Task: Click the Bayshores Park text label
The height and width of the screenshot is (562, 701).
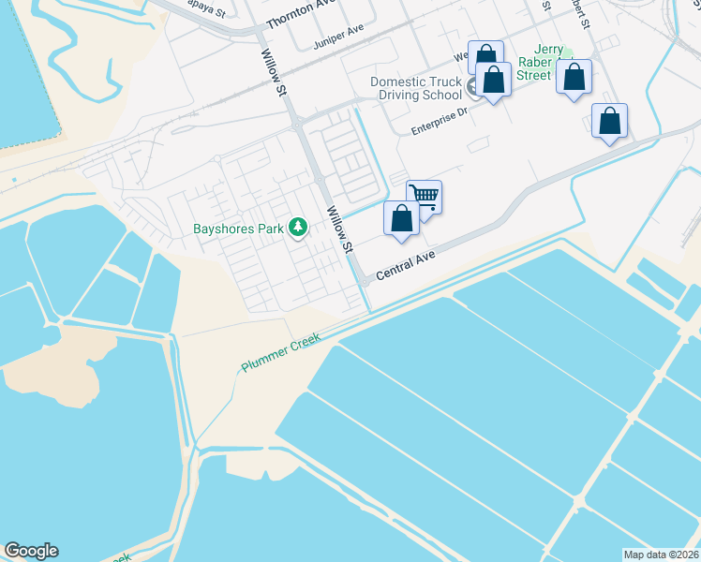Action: click(239, 229)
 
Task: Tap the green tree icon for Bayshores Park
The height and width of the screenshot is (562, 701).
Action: click(298, 228)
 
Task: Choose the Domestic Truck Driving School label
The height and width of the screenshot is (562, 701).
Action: click(416, 88)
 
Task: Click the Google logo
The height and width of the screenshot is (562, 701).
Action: click(31, 551)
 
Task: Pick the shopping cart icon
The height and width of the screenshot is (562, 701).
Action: click(425, 196)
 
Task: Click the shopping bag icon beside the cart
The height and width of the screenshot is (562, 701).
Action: click(402, 219)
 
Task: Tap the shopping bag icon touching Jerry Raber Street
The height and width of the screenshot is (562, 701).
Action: click(574, 77)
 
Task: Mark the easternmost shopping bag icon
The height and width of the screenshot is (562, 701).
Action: click(609, 121)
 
